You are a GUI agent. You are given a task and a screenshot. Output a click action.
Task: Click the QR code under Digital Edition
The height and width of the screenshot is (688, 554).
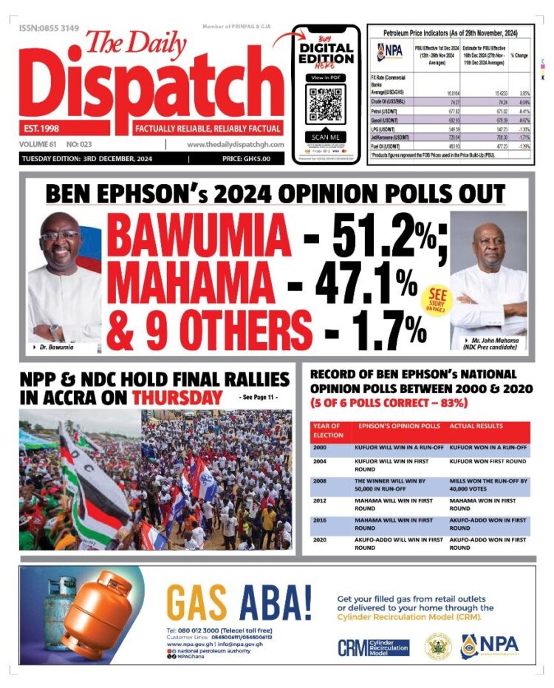tap(326, 104)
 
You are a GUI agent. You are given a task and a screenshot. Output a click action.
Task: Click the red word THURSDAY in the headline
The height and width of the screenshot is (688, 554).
tap(177, 398)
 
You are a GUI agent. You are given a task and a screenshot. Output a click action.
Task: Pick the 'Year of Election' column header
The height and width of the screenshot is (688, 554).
tap(328, 430)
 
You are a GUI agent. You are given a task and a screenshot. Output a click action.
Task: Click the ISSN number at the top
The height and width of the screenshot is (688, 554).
tap(49, 28)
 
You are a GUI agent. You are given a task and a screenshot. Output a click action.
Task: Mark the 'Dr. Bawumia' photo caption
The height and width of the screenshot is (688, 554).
tap(54, 347)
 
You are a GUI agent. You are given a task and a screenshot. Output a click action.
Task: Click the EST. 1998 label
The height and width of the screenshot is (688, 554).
tap(43, 129)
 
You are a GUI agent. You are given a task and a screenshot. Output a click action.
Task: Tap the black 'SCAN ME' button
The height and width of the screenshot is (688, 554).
tap(326, 137)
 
